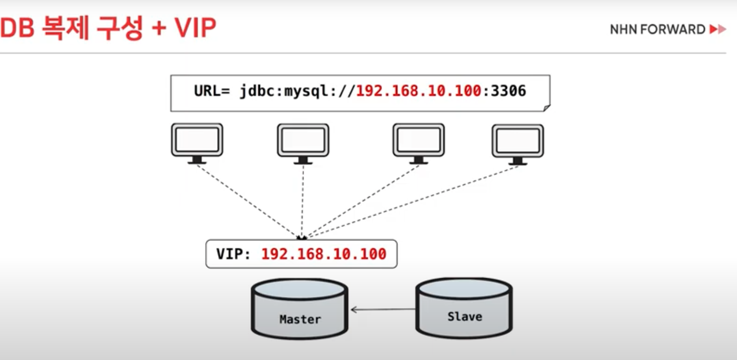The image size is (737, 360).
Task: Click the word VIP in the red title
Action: pyautogui.click(x=195, y=28)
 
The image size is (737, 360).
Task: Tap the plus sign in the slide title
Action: pyautogui.click(x=159, y=29)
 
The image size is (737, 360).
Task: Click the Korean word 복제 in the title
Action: pyautogui.click(x=66, y=28)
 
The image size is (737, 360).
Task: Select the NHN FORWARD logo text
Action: pyautogui.click(x=657, y=29)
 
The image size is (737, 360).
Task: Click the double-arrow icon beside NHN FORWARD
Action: pyautogui.click(x=718, y=29)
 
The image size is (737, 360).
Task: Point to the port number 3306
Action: pyautogui.click(x=508, y=91)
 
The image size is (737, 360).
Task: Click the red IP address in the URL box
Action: pyautogui.click(x=418, y=91)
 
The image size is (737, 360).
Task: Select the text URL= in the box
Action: pyautogui.click(x=212, y=91)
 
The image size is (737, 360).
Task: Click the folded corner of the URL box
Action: pyautogui.click(x=547, y=108)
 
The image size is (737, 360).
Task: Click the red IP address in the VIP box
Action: pyautogui.click(x=323, y=254)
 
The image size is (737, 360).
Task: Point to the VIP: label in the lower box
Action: pyautogui.click(x=233, y=254)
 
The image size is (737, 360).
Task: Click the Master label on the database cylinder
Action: pyautogui.click(x=300, y=319)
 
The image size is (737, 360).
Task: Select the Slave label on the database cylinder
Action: pyautogui.click(x=465, y=317)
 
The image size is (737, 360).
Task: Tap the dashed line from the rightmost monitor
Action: pyautogui.click(x=413, y=201)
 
